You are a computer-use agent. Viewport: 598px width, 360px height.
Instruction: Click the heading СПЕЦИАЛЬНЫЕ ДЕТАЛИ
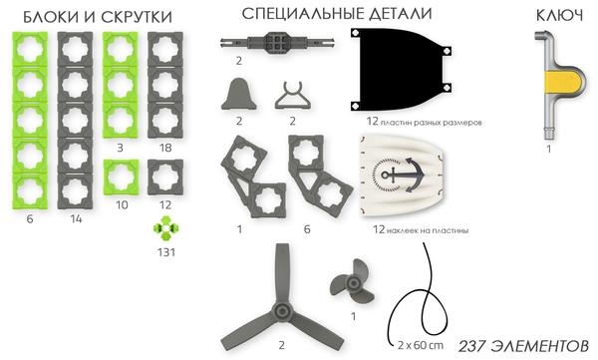click(x=323, y=14)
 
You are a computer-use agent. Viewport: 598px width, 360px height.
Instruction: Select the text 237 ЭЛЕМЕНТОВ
click(x=522, y=345)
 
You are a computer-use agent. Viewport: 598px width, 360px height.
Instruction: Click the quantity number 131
click(x=165, y=252)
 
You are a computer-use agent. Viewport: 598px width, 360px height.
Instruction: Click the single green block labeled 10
click(x=120, y=179)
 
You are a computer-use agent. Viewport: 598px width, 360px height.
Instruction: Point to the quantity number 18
click(x=165, y=147)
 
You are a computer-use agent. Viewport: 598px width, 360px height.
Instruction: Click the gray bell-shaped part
click(x=239, y=96)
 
